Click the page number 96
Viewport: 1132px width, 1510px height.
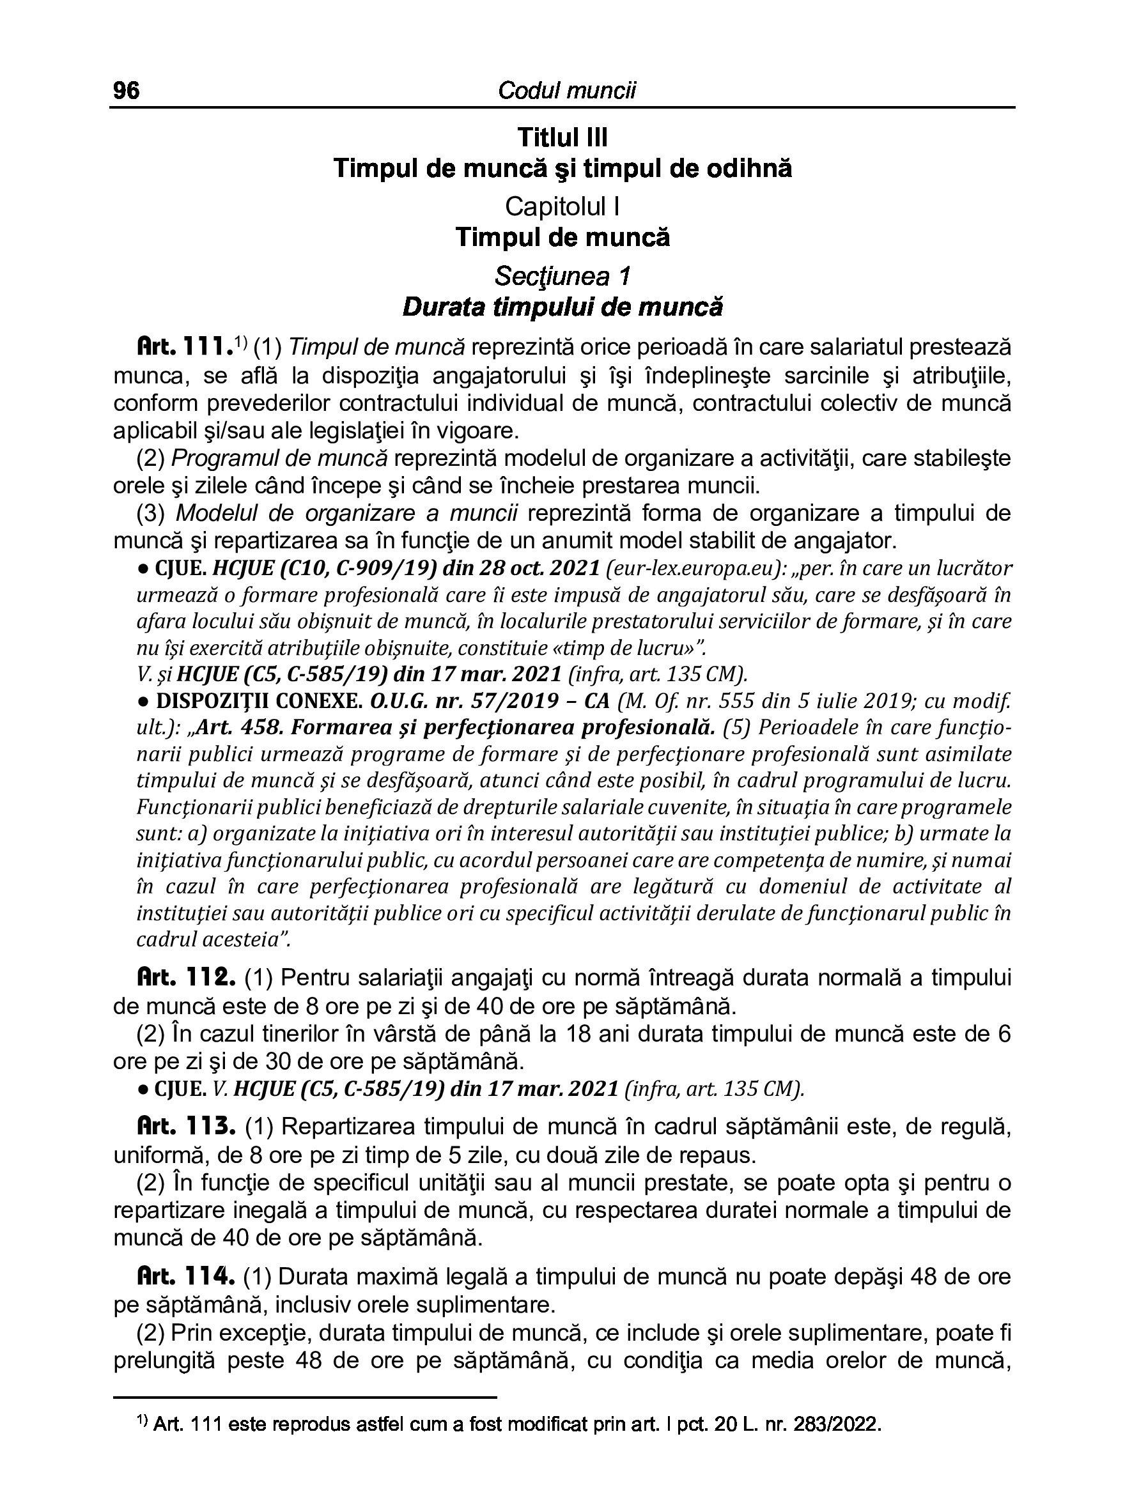(127, 90)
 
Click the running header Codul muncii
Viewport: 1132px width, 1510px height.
(566, 90)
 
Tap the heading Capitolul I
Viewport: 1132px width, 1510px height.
(562, 206)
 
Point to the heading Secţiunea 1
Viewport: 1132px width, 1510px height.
(562, 276)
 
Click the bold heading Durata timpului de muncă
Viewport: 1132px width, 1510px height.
(562, 307)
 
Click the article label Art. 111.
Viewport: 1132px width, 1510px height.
(182, 348)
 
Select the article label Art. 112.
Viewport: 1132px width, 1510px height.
(186, 978)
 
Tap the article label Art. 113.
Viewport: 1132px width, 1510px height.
(186, 1127)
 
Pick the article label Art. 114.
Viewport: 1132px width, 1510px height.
(186, 1276)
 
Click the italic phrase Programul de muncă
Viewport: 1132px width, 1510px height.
(279, 458)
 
